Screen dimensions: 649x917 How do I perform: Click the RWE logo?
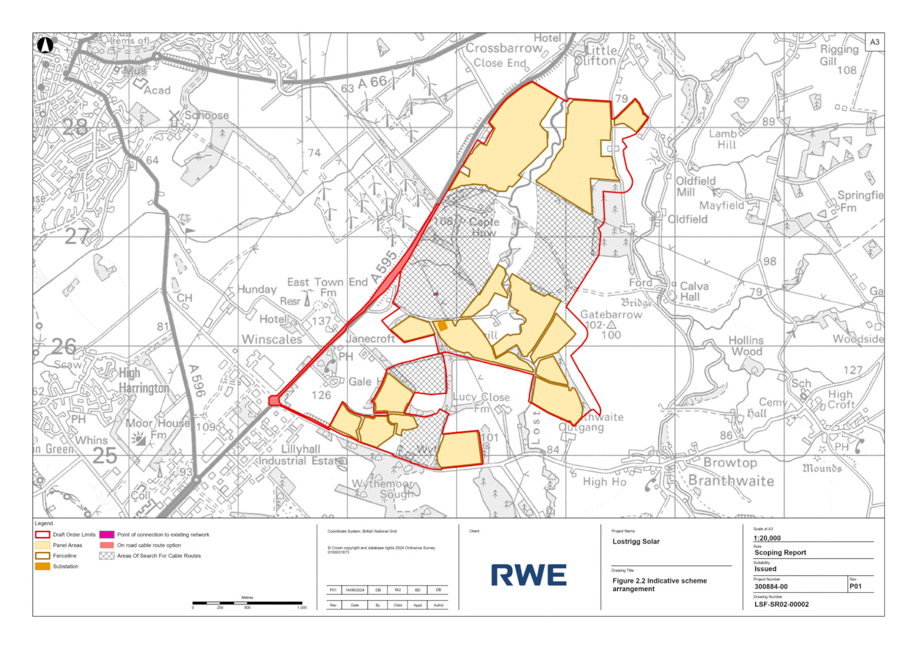coord(528,575)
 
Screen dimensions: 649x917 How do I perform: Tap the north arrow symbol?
coord(45,45)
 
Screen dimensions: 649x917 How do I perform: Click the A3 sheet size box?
coord(875,42)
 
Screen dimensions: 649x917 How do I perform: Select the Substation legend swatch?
coord(42,566)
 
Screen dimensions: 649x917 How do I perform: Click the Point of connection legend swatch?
coord(107,534)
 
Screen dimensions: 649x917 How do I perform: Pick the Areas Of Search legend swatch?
coord(107,556)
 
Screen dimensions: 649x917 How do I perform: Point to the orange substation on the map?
coord(442,326)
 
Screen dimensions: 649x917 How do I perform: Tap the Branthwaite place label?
coord(731,481)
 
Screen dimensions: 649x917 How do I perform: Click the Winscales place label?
coord(272,339)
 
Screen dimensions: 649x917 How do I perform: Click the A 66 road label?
coord(372,83)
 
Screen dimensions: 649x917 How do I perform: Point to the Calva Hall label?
coord(693,291)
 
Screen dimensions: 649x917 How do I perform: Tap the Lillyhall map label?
coord(300,449)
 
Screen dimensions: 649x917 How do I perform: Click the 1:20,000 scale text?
coord(767,538)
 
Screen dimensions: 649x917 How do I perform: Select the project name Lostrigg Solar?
coord(636,541)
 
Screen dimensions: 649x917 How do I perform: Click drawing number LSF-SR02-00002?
coord(781,604)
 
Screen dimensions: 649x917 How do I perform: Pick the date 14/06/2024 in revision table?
coord(355,590)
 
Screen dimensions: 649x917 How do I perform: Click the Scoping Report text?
coord(780,553)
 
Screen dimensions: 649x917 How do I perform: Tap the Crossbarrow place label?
coord(504,48)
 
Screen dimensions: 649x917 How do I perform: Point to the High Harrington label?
coord(143,381)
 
